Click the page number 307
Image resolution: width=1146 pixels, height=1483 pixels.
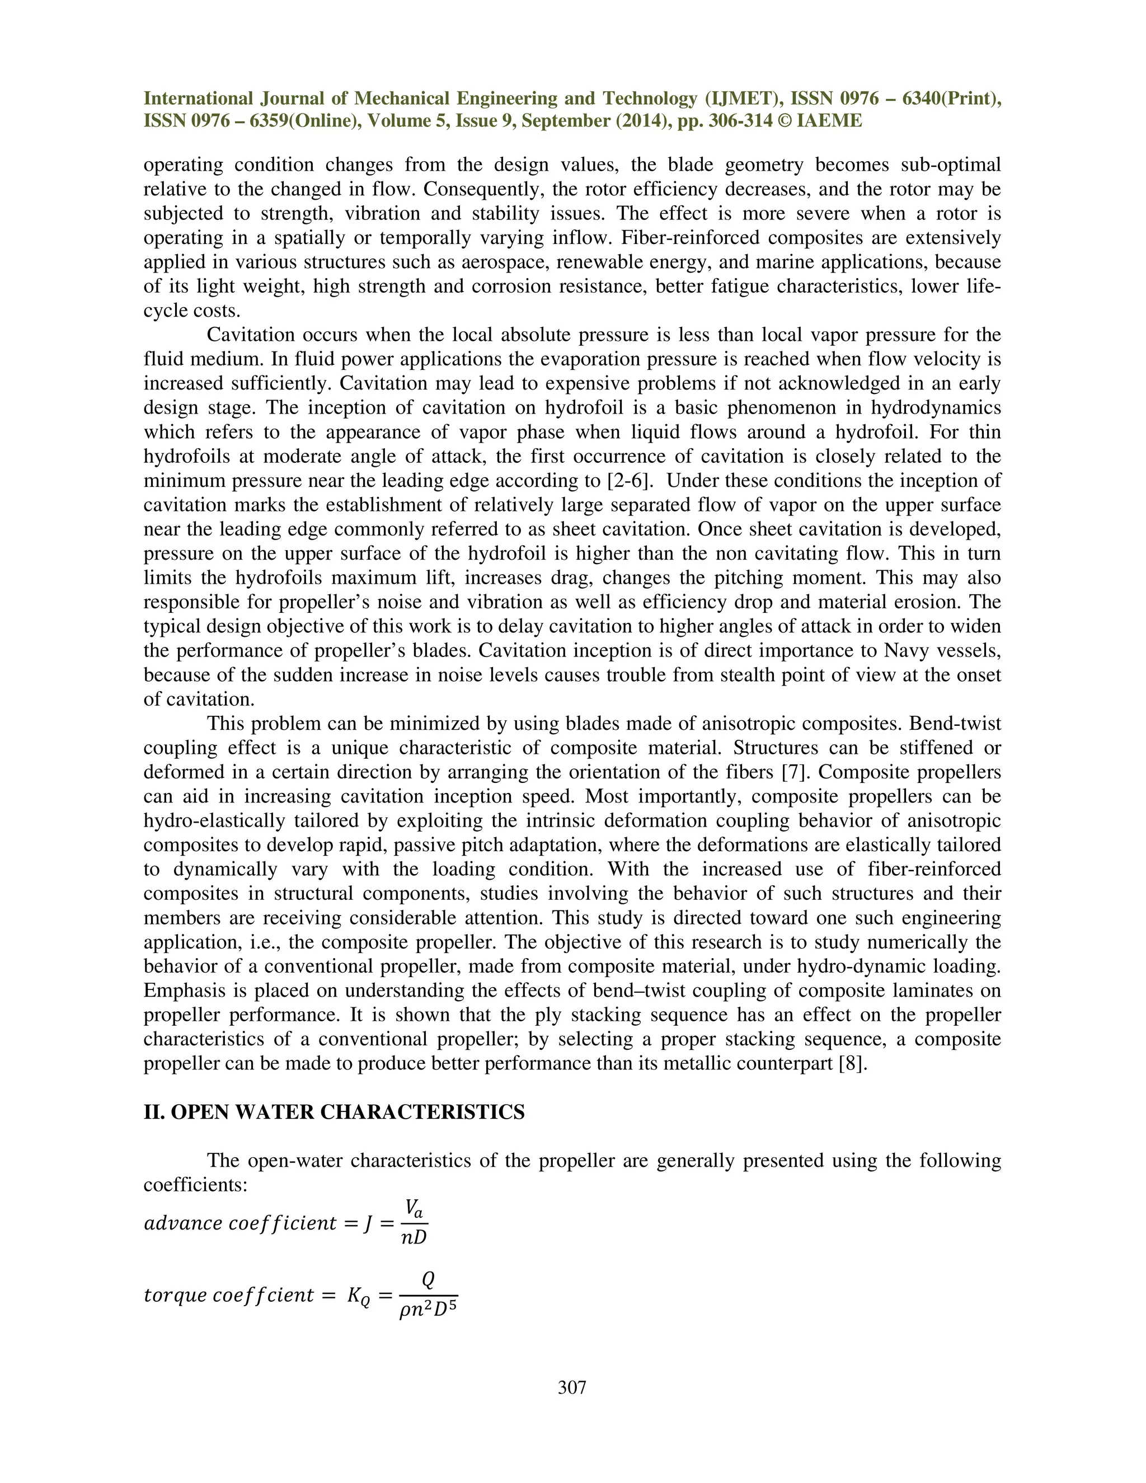point(572,1387)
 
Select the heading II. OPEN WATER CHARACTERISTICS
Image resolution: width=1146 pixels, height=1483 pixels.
point(334,1113)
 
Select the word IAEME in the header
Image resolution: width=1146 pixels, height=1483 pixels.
point(830,121)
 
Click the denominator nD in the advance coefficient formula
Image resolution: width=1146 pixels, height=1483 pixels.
point(414,1238)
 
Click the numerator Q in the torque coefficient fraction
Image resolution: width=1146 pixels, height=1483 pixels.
point(428,1279)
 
